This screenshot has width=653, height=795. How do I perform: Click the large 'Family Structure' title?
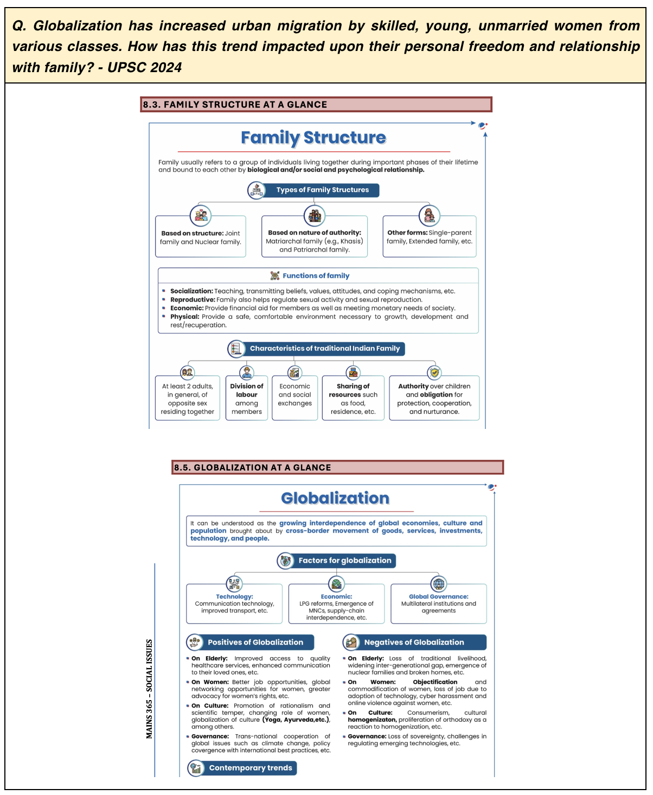(313, 138)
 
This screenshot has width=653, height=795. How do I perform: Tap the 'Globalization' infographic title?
(335, 498)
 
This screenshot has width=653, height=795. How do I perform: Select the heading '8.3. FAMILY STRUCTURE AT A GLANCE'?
(235, 105)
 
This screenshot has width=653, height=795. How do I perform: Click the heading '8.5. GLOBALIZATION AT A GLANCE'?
(252, 467)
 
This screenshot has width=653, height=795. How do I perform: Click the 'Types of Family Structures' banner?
(322, 190)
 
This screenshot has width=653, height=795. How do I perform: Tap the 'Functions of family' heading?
(316, 275)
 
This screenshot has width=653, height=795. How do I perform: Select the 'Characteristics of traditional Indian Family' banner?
(324, 349)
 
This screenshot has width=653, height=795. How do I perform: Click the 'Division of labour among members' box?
(247, 399)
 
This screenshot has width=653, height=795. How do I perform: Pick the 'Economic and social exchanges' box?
(295, 395)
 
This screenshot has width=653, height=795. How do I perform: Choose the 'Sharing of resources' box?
(353, 399)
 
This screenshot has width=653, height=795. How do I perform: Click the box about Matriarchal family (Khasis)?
(315, 241)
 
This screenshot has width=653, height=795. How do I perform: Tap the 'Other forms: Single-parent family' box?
(429, 237)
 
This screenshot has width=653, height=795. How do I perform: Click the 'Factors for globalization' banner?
(344, 561)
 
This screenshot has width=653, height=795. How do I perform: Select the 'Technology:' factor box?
(234, 604)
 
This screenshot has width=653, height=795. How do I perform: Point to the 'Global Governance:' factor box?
(438, 604)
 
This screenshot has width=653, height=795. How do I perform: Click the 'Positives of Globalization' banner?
(255, 642)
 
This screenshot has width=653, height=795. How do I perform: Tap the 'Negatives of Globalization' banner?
(413, 642)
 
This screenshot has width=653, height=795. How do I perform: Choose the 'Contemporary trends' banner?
(250, 768)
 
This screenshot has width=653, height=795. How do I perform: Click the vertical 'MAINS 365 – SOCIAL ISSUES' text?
(149, 689)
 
